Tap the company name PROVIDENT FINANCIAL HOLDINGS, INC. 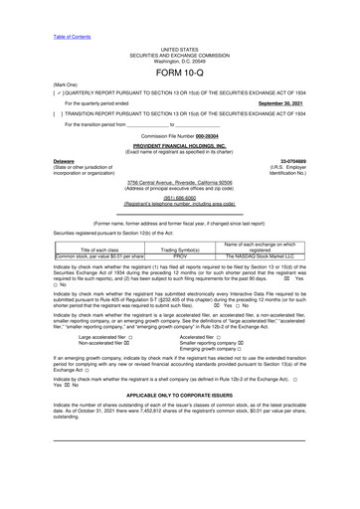coord(179,144)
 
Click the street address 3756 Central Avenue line coord(179,184)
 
